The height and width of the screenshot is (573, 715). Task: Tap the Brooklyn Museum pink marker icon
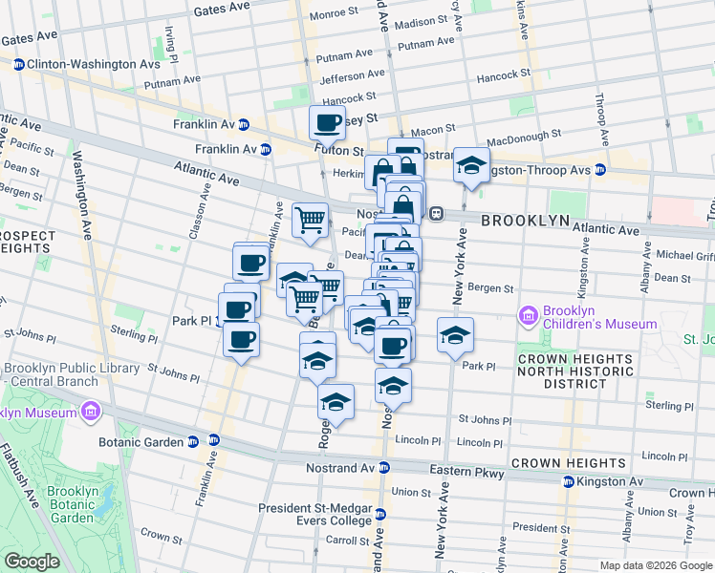91,413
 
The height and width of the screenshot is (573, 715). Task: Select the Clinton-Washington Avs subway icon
18,65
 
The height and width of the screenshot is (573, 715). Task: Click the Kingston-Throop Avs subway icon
599,170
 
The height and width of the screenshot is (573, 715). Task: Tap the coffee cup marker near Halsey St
327,123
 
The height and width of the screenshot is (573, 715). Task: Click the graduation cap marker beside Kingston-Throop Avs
471,165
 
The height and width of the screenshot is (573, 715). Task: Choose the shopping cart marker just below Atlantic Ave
310,221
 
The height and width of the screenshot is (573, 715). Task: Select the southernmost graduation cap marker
336,402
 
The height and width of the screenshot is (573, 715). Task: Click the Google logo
32,562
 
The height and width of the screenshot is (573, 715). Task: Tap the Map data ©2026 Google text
655,564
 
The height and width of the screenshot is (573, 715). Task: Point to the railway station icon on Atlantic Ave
436,214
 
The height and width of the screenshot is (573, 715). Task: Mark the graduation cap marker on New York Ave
455,335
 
